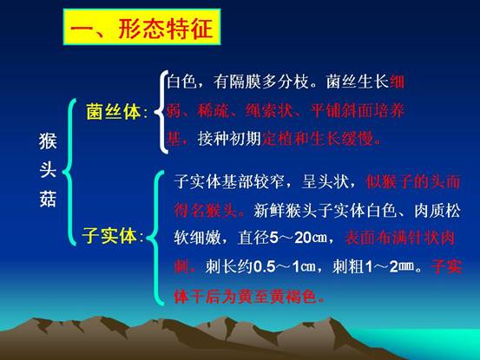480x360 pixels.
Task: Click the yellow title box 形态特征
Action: click(141, 27)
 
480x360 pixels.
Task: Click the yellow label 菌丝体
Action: click(114, 112)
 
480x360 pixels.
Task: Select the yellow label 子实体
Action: click(109, 236)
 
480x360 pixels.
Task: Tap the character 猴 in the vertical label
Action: click(48, 141)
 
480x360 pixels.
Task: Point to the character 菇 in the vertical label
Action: click(48, 199)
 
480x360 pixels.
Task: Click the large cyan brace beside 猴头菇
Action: click(69, 172)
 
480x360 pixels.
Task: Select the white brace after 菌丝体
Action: click(161, 112)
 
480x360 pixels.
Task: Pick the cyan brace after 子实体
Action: click(156, 239)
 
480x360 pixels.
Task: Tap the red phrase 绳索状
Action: click(269, 110)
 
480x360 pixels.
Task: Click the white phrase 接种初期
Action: click(229, 139)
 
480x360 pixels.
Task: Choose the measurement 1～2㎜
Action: click(389, 266)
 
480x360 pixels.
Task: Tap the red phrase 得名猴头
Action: click(206, 211)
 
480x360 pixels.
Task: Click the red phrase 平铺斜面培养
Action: click(358, 110)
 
